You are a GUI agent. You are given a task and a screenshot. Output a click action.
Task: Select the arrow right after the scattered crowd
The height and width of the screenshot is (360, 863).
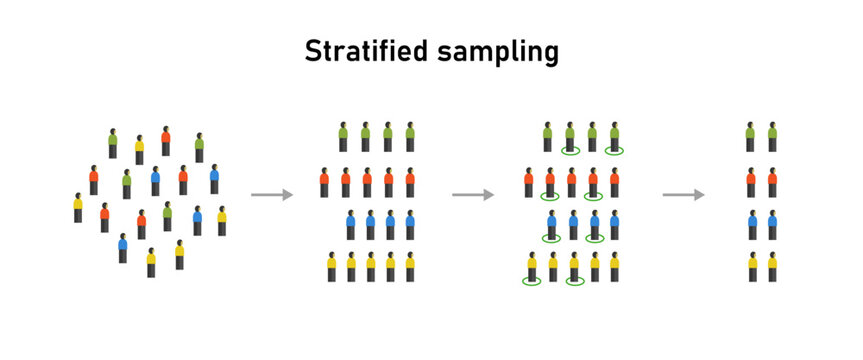[x=271, y=195]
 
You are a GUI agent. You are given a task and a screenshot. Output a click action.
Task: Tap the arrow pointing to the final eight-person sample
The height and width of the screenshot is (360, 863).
[x=683, y=195]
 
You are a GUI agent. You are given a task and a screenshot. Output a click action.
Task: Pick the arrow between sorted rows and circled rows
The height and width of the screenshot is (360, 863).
[x=473, y=195]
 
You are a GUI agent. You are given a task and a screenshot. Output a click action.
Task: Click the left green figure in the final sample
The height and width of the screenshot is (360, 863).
[x=751, y=137]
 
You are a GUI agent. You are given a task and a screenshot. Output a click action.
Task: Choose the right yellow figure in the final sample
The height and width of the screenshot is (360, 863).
[x=772, y=267]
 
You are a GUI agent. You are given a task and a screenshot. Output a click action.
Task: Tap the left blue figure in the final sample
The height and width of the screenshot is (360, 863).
[x=751, y=225]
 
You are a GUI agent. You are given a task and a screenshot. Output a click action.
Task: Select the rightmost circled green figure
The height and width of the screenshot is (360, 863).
[x=614, y=138]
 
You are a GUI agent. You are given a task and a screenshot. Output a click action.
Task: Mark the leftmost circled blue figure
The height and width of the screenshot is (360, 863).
[x=551, y=226]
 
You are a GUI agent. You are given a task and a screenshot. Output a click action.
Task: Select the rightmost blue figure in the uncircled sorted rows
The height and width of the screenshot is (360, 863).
[x=410, y=225]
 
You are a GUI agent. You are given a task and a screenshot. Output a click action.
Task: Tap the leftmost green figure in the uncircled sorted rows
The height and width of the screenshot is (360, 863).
[x=343, y=137]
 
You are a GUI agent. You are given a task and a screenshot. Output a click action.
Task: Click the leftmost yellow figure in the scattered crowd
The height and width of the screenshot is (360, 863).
[x=78, y=208]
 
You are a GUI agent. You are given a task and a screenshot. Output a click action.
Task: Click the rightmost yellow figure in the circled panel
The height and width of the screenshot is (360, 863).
[x=615, y=267]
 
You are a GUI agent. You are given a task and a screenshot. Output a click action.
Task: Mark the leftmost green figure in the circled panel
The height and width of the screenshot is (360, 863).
[x=548, y=137]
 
